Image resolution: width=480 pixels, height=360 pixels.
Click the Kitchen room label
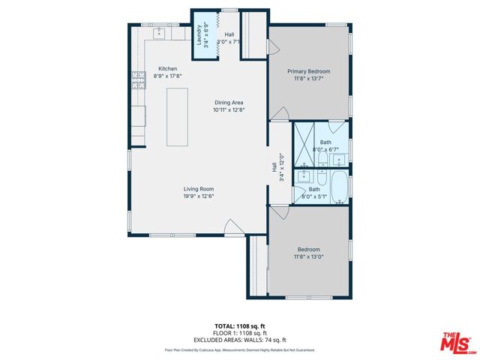click(x=166, y=69)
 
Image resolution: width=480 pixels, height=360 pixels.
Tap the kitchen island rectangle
click(x=177, y=116)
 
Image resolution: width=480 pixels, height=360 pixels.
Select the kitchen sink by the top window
click(x=160, y=33)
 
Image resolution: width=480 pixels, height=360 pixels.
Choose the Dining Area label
click(x=229, y=103)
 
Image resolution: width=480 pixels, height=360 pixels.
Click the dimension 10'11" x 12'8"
click(x=229, y=110)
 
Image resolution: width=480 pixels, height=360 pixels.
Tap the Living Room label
click(x=199, y=189)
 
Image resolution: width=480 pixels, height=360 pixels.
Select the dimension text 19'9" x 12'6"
click(x=199, y=196)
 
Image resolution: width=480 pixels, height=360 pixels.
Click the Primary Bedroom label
click(x=309, y=72)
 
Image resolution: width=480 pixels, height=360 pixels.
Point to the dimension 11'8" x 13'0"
click(x=309, y=256)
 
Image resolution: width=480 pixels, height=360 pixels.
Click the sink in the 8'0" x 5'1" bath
click(x=304, y=178)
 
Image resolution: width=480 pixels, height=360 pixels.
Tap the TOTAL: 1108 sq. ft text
click(x=240, y=326)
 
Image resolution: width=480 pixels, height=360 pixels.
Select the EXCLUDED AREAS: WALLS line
click(x=240, y=340)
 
